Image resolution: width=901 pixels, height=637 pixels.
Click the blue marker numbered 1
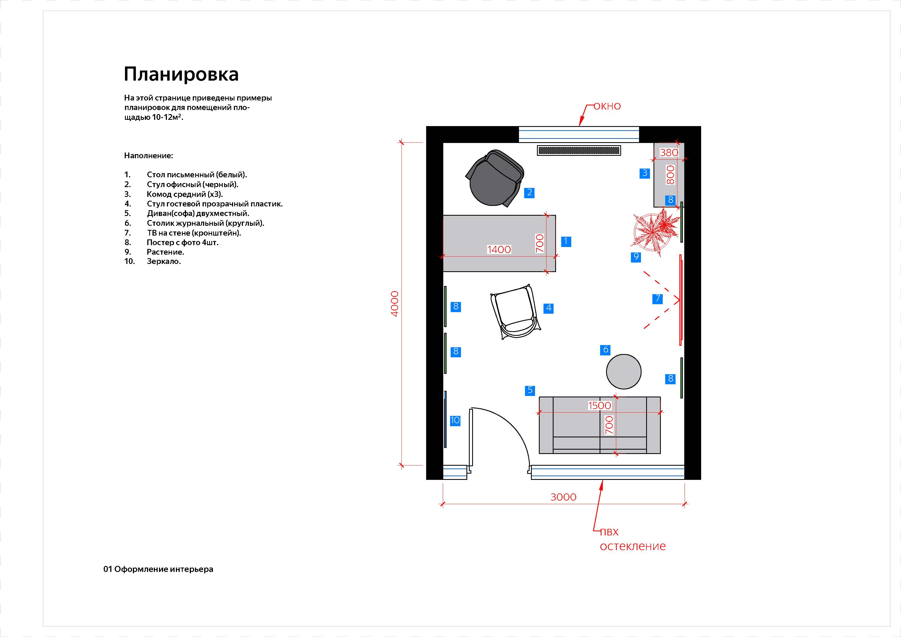point(566,241)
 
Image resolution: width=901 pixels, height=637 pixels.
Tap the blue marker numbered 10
point(455,420)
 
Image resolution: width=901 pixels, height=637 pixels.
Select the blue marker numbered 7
point(658,299)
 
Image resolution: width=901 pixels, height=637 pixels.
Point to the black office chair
point(494,178)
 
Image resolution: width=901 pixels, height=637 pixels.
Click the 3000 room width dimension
point(564,497)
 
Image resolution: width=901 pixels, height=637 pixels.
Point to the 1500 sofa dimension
point(600,406)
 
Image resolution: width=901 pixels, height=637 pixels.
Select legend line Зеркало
point(164,261)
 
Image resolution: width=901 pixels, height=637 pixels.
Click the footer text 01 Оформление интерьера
point(158,569)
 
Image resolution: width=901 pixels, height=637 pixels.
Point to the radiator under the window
point(579,150)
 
